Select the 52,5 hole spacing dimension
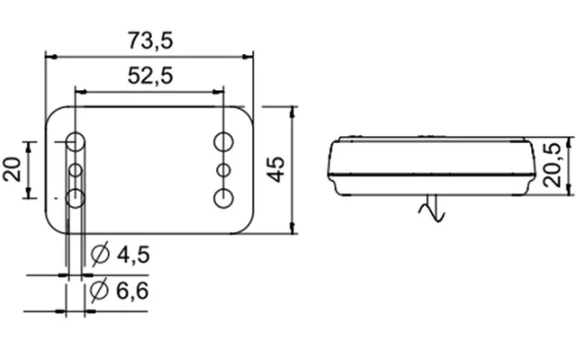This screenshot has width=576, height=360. click(x=149, y=76)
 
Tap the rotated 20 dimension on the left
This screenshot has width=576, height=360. click(x=13, y=168)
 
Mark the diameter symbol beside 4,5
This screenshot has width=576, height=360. click(x=100, y=256)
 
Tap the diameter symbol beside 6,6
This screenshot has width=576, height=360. click(x=100, y=291)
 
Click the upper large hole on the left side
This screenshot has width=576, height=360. click(x=76, y=142)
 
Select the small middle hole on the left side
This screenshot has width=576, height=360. click(x=76, y=170)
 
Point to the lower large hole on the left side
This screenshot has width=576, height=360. click(x=76, y=197)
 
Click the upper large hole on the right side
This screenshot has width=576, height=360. click(x=222, y=141)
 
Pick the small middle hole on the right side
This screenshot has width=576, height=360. click(x=222, y=169)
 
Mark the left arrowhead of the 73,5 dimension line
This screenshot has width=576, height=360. click(x=49, y=57)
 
